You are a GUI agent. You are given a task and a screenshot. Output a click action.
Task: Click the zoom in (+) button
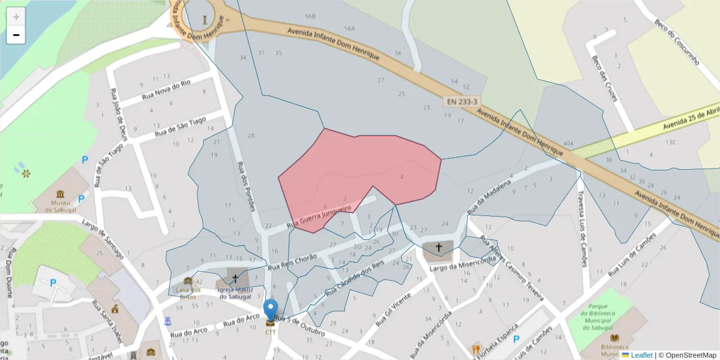pyautogui.click(x=16, y=16)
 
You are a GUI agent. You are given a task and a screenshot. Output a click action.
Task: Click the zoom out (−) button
pyautogui.click(x=16, y=35)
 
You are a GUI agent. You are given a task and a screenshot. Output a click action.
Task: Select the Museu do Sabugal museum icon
pyautogui.click(x=60, y=194)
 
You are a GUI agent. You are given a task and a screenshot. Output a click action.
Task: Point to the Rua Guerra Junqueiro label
pyautogui.click(x=319, y=217)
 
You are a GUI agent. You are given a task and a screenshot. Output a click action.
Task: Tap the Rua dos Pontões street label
pyautogui.click(x=247, y=186)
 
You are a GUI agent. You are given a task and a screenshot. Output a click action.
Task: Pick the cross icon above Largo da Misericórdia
pyautogui.click(x=439, y=247)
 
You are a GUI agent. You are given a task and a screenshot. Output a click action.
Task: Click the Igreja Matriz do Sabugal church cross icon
pyautogui.click(x=235, y=278)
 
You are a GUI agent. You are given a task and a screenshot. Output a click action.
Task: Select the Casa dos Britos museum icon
pyautogui.click(x=188, y=281)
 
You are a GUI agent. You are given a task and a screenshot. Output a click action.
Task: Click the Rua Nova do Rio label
pyautogui.click(x=166, y=90)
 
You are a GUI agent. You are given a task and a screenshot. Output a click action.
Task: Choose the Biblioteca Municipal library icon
pyautogui.click(x=614, y=337)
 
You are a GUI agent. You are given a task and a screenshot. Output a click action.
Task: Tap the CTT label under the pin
pyautogui.click(x=271, y=332)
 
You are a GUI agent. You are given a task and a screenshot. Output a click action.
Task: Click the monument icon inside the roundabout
pyautogui.click(x=206, y=20)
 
